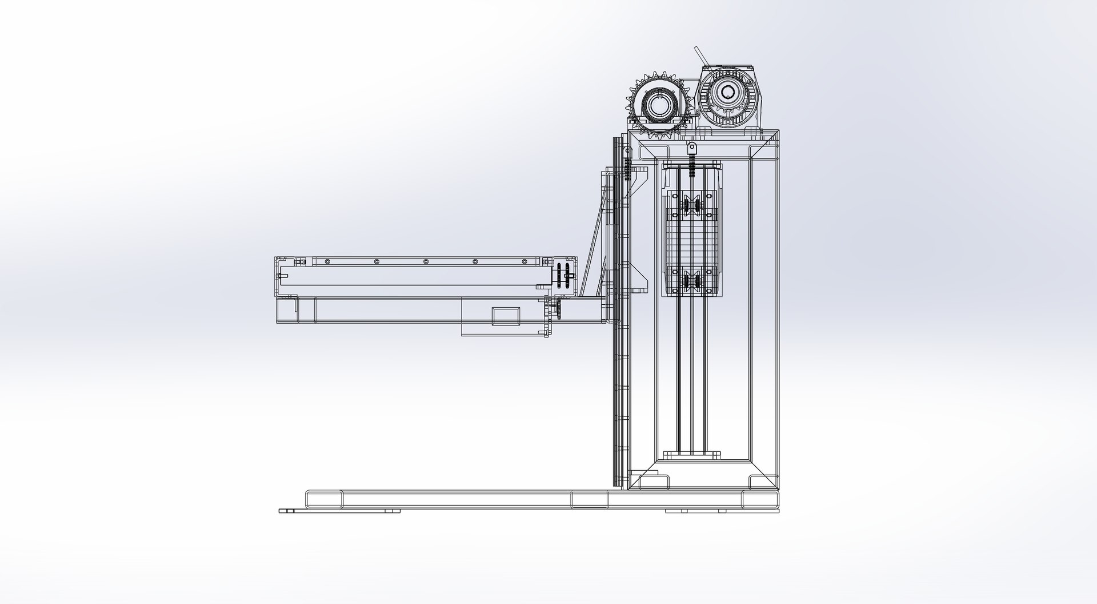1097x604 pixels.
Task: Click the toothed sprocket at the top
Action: click(657, 106)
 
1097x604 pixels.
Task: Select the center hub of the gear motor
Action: click(727, 92)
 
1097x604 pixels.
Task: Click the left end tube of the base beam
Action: click(324, 499)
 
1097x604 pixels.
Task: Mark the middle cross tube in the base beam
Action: click(590, 499)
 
